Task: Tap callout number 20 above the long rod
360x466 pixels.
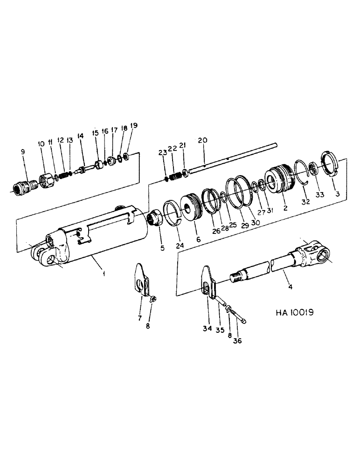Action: coord(202,140)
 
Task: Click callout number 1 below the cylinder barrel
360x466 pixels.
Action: coord(104,274)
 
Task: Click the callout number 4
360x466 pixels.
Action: coord(290,287)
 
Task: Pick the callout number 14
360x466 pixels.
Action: coord(81,136)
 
